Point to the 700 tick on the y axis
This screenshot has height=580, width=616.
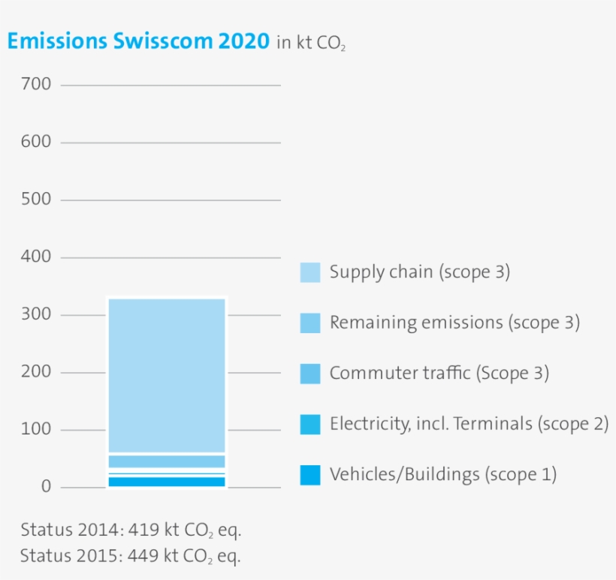click(x=37, y=84)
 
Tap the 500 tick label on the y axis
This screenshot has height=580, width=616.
click(x=37, y=200)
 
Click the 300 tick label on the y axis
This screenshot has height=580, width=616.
click(x=37, y=314)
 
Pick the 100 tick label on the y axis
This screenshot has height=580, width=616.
click(x=37, y=430)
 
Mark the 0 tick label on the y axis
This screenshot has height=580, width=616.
click(x=46, y=487)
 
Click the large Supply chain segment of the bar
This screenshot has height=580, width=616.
click(x=166, y=375)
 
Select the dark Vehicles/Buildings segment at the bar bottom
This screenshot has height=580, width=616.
click(x=166, y=482)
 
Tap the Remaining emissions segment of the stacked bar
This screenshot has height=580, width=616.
click(x=166, y=461)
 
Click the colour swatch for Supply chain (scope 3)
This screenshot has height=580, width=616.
click(x=310, y=272)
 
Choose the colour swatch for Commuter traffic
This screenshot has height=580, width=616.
click(x=310, y=374)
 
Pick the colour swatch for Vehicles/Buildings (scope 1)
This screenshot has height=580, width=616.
click(x=310, y=475)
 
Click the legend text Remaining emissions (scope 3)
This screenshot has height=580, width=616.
click(x=454, y=323)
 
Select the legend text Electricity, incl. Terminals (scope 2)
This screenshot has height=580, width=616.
click(x=469, y=424)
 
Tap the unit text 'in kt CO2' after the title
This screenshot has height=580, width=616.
click(x=311, y=44)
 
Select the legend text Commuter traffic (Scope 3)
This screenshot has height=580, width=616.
click(x=439, y=373)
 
